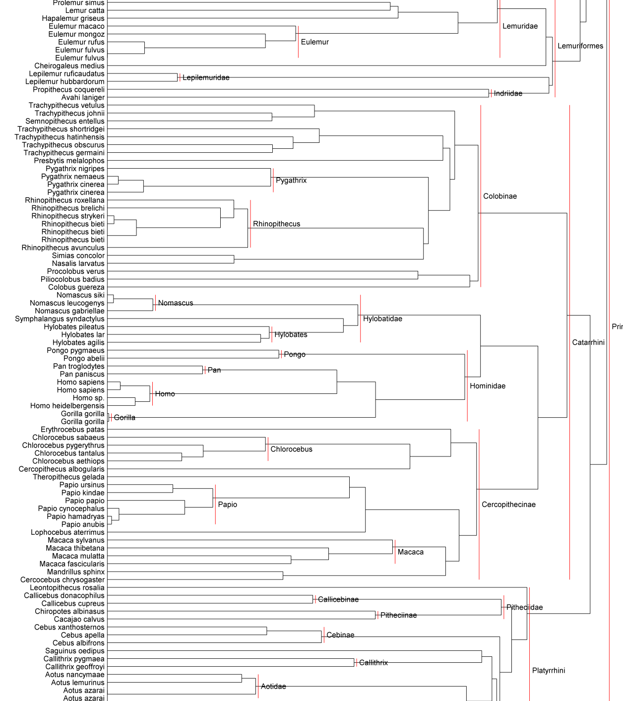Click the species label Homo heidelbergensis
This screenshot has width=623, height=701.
(x=67, y=406)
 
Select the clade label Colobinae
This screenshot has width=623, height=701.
(x=500, y=196)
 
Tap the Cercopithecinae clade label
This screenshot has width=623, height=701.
(x=508, y=505)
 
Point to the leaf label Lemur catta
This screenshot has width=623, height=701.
(x=85, y=10)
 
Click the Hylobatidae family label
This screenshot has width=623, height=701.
(x=382, y=319)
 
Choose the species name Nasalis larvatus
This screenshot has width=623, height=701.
(x=78, y=263)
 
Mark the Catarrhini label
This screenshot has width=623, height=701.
(x=588, y=343)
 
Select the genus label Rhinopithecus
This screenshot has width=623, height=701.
(x=276, y=224)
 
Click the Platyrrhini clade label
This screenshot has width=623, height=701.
(x=549, y=671)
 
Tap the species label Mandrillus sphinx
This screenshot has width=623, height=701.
(x=76, y=572)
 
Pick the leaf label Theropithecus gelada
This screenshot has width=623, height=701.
(x=69, y=477)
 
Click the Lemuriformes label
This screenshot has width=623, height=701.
(x=580, y=46)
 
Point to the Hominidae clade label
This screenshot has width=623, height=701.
(x=488, y=386)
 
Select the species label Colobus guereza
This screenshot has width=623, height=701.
(x=76, y=287)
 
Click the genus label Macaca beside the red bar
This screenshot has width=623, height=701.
(x=411, y=552)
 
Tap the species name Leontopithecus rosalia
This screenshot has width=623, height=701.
(x=67, y=588)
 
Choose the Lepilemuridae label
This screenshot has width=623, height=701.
(x=206, y=78)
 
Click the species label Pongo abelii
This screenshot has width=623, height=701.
(x=84, y=359)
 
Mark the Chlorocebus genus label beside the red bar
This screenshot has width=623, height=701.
(x=291, y=449)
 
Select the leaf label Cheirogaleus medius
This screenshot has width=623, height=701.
(x=69, y=66)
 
